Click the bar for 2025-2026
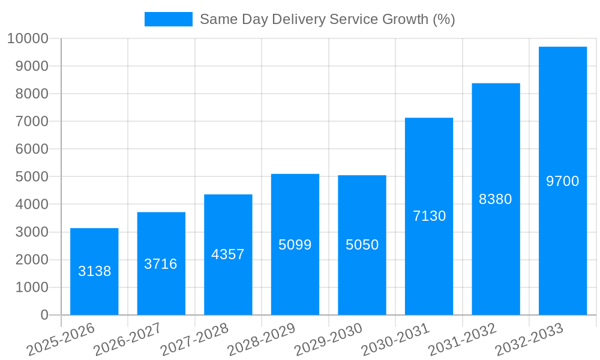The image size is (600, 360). click(94, 271)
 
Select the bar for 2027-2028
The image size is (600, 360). click(228, 254)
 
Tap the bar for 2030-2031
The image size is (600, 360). click(429, 216)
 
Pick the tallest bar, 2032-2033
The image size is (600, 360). click(562, 181)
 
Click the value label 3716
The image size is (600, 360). click(161, 264)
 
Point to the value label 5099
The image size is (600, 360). click(295, 245)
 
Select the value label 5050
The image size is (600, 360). click(362, 245)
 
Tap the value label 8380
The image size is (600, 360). click(496, 199)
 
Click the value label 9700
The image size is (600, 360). click(562, 181)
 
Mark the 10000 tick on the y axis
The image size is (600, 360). click(27, 39)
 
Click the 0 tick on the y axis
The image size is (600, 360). click(44, 315)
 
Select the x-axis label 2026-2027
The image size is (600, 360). click(127, 339)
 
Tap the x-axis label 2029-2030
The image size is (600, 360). click(328, 339)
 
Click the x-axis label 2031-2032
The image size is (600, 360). click(462, 339)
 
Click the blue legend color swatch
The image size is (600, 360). click(168, 19)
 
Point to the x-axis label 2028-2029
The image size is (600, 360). click(261, 339)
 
